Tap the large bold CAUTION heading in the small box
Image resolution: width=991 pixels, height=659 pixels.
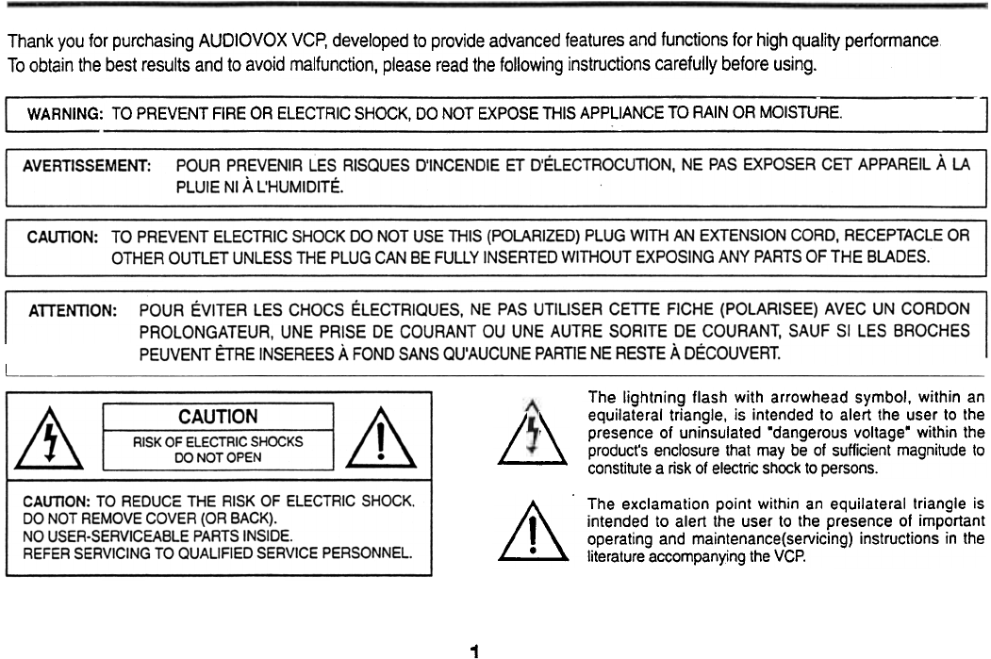click(x=218, y=417)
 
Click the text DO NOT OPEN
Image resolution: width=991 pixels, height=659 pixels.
click(x=218, y=457)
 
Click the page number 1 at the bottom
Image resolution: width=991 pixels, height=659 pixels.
click(x=475, y=624)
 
